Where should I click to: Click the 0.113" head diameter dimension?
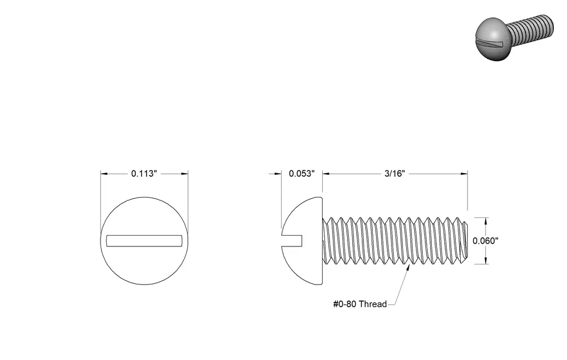144,174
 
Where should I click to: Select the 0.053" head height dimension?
302,174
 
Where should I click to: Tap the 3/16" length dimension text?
394,174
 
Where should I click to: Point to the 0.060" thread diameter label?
486,241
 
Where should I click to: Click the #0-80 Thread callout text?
360,304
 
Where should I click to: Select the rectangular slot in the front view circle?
144,241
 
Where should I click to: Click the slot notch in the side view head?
292,241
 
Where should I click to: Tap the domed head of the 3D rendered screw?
492,39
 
